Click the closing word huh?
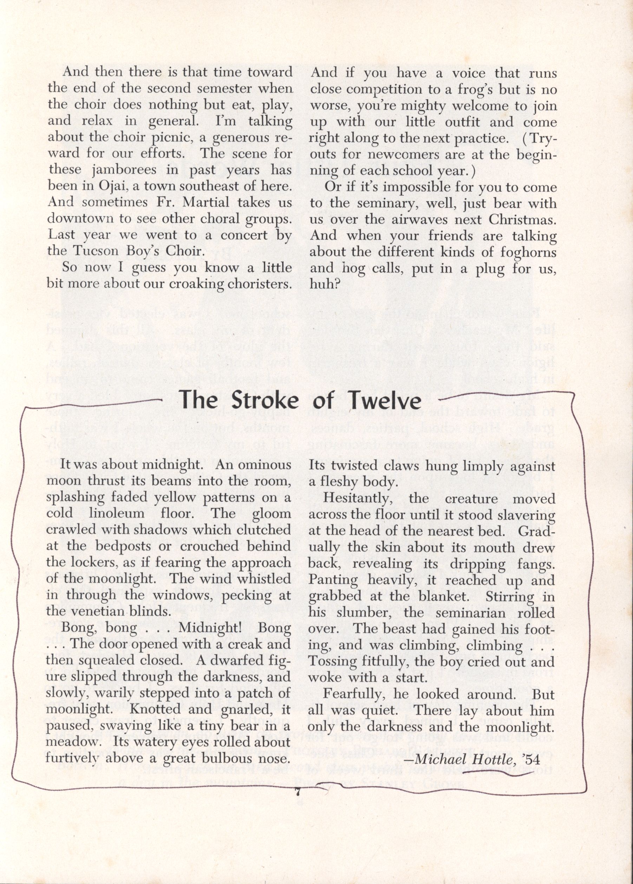coord(323,284)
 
